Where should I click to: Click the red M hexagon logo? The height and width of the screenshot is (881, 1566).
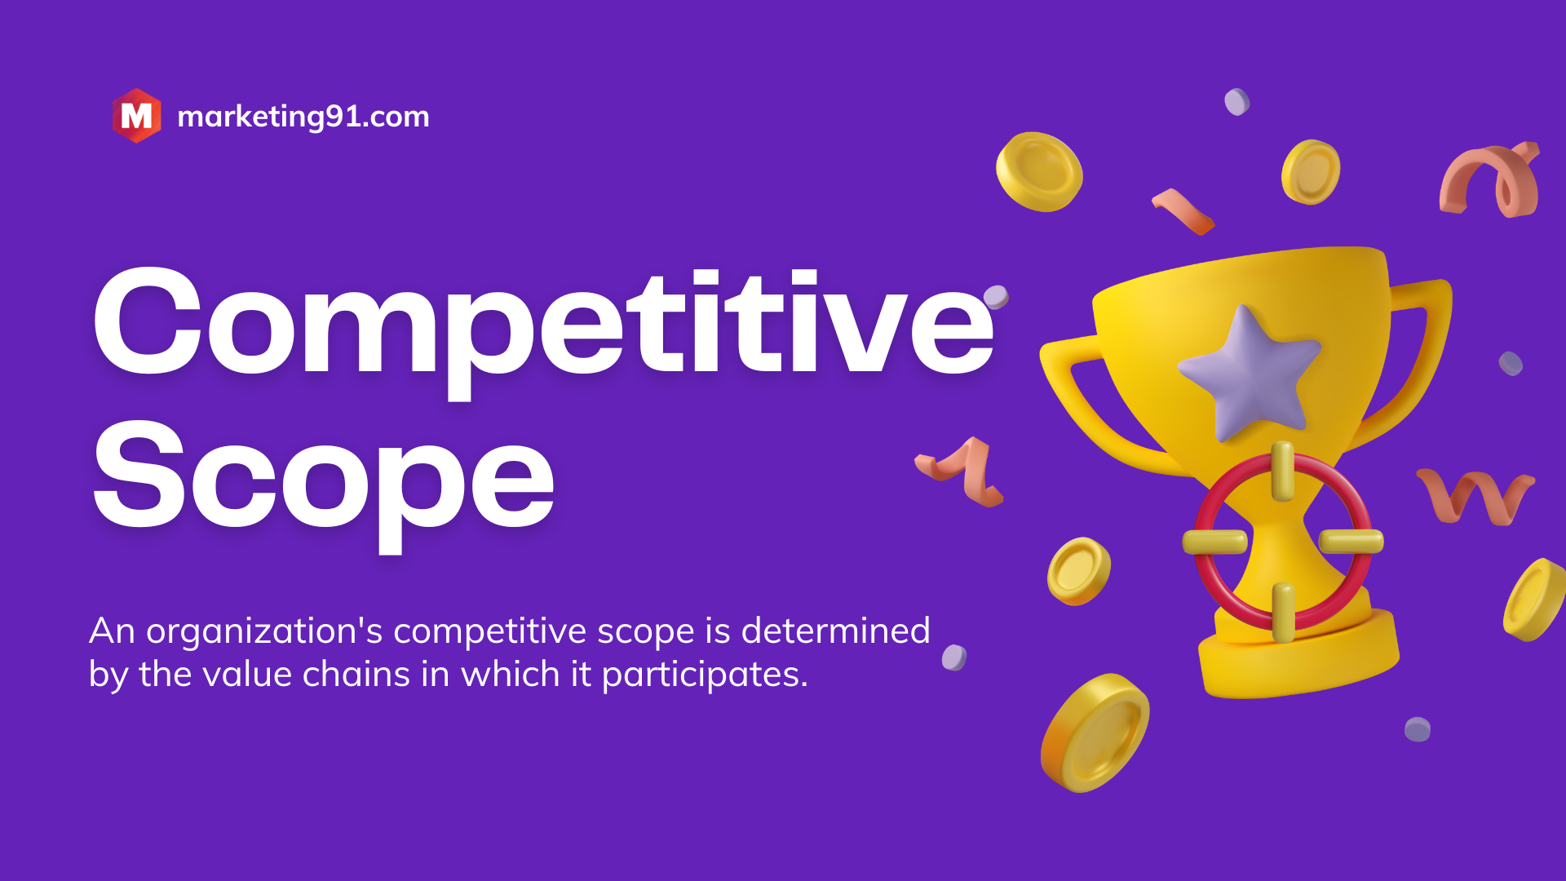point(136,116)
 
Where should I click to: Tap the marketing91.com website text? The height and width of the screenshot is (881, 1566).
point(303,117)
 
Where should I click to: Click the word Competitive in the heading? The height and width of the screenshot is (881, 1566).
point(543,328)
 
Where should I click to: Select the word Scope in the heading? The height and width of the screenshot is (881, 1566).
point(324,483)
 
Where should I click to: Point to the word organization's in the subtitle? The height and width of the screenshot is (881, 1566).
point(264,632)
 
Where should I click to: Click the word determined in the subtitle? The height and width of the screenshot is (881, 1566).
point(835,631)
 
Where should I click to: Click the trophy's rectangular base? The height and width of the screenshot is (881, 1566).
point(1298,653)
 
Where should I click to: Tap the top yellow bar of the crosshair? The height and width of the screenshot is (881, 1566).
point(1282,471)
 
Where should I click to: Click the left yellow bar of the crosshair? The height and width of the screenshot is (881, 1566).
point(1215,542)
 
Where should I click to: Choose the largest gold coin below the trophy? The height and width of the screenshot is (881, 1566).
point(1095,733)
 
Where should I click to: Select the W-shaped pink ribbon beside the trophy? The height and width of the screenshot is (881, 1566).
point(1475,496)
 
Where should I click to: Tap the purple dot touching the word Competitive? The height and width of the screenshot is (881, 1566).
point(996,297)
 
